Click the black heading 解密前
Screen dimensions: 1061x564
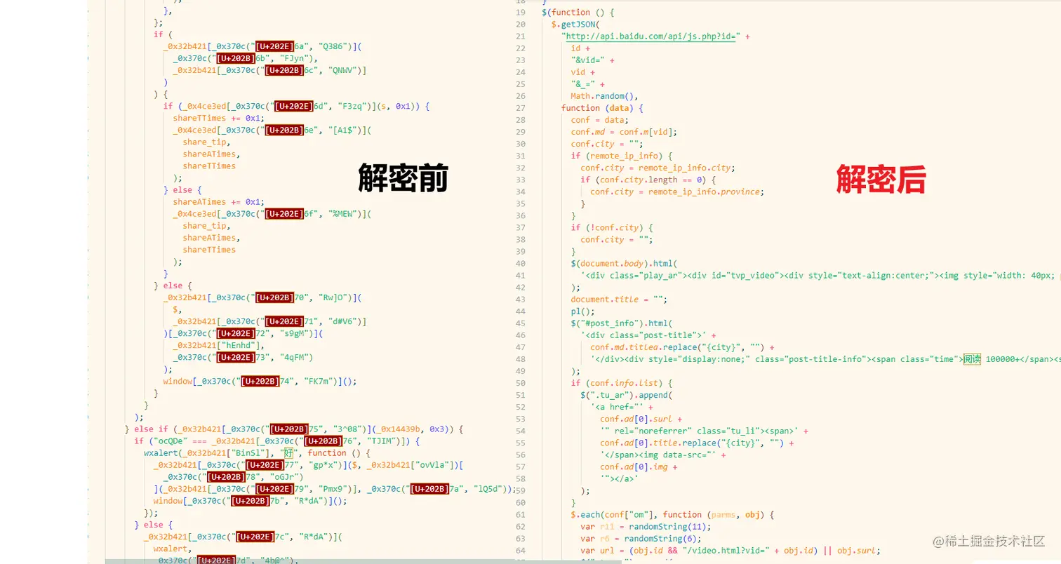[x=403, y=179]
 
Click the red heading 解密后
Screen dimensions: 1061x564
[x=881, y=179]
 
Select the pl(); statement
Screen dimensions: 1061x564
[x=582, y=311]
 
